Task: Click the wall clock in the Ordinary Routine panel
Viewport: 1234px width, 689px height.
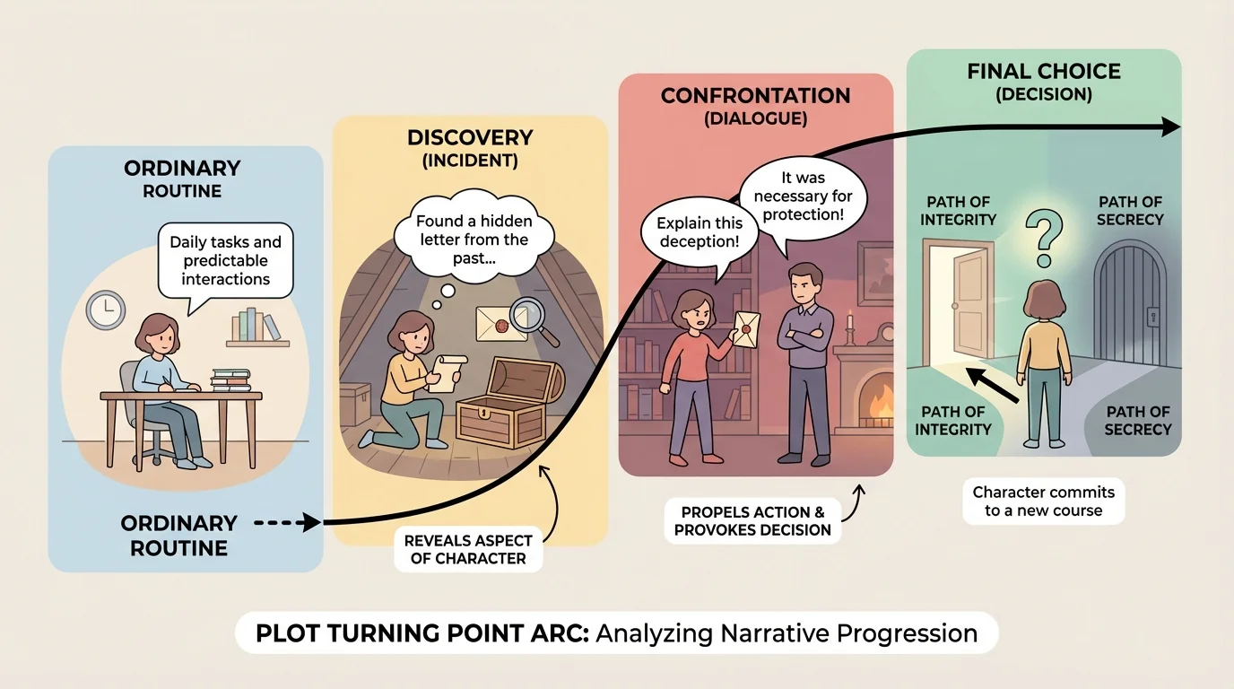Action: tap(105, 311)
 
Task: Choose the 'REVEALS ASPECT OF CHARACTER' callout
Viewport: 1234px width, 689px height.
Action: tap(468, 550)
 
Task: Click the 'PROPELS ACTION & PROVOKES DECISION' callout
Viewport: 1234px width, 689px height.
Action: tap(752, 520)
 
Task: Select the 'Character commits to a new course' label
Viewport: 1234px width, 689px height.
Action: tap(1043, 501)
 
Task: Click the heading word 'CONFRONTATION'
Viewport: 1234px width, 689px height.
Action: tap(755, 96)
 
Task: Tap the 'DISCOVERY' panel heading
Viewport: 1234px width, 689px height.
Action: tap(470, 138)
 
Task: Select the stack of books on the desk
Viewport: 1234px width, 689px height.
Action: tap(230, 380)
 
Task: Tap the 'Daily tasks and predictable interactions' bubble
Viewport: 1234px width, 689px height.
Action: tap(225, 260)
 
